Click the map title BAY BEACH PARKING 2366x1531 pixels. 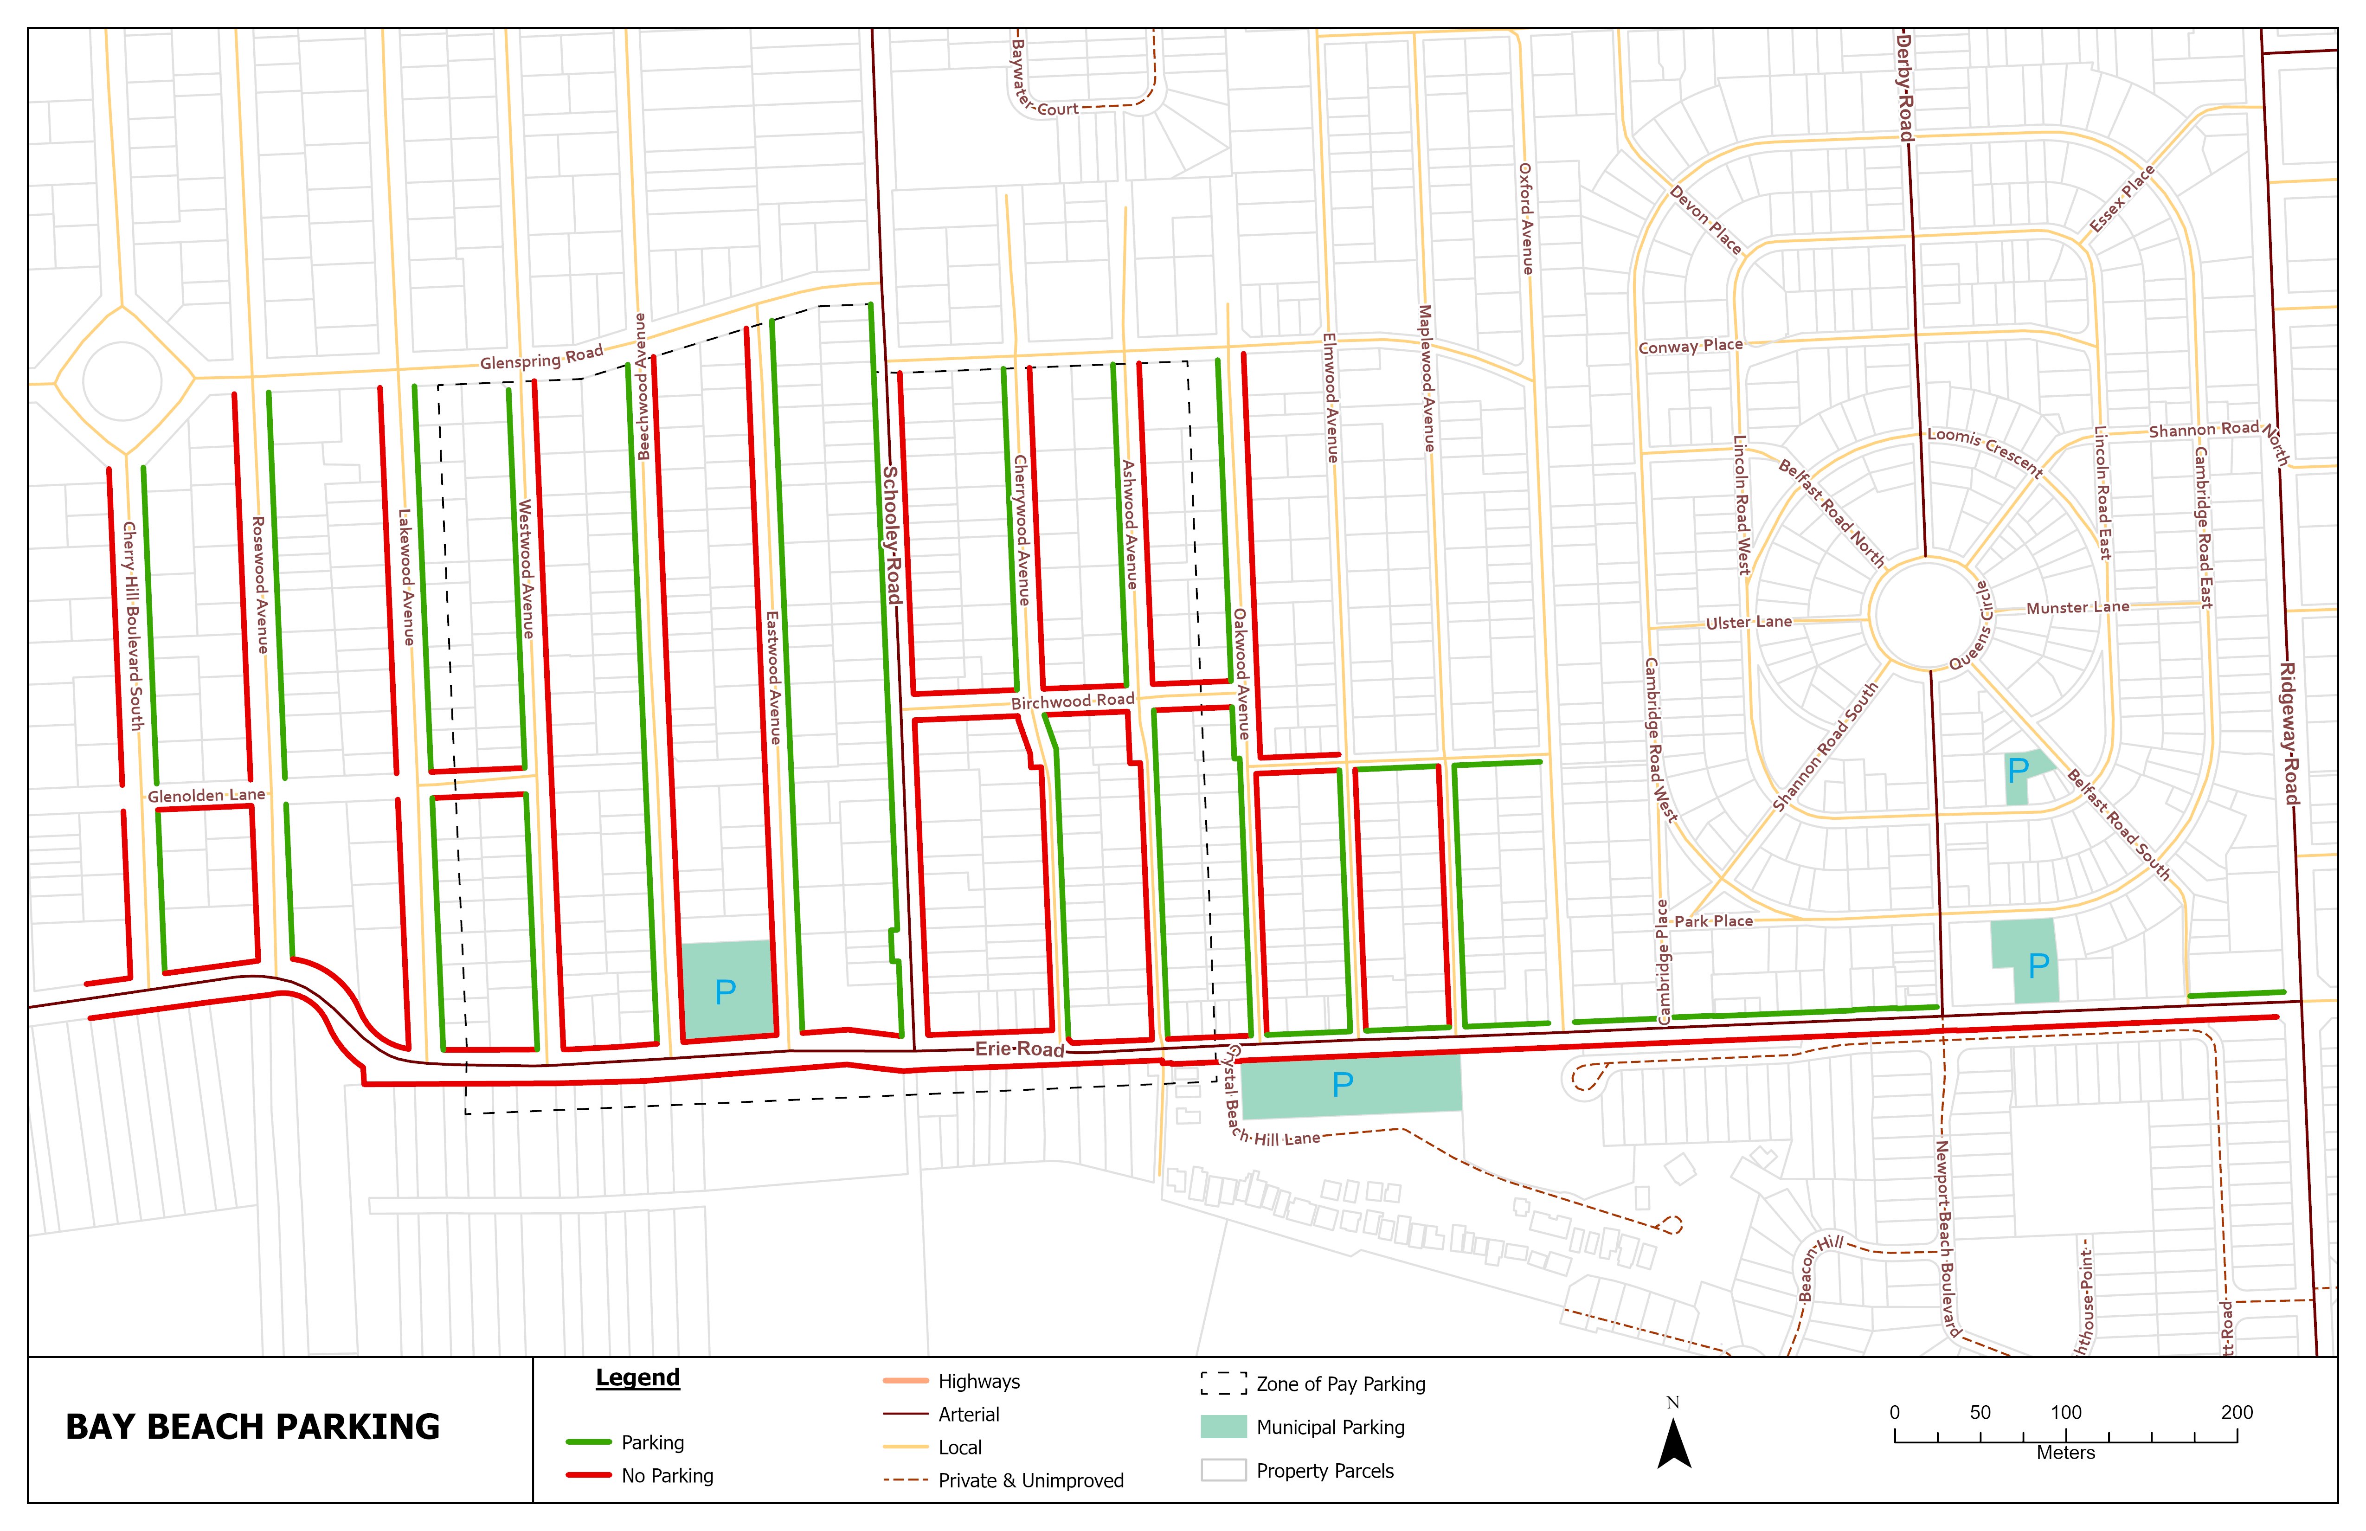tap(252, 1427)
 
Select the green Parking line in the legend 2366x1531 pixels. tap(589, 1441)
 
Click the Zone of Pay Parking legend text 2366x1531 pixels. tap(1340, 1384)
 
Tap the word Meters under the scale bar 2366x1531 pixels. tap(2066, 1453)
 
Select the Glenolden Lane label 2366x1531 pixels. tap(207, 795)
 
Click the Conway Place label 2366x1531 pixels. tap(1690, 346)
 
